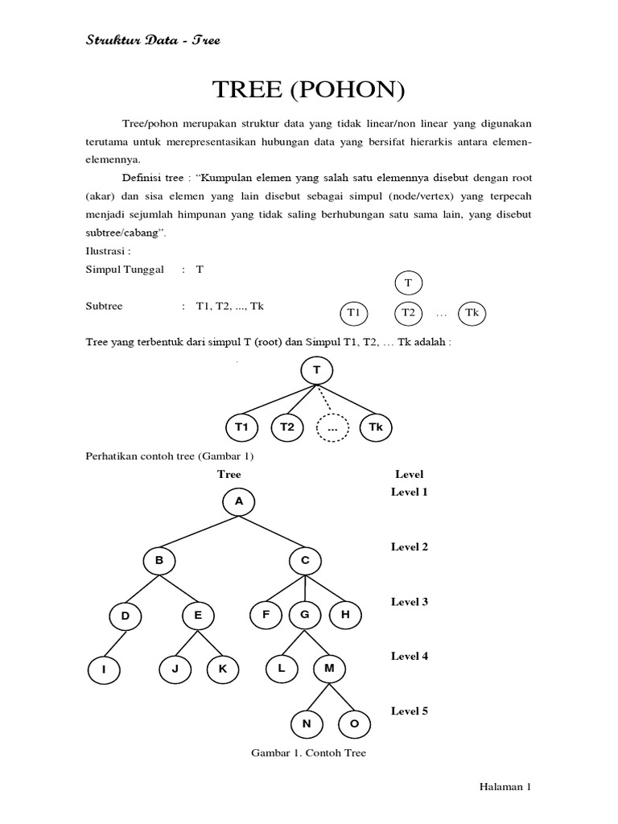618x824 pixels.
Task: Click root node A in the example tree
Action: tap(238, 501)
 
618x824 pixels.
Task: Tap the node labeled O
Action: tap(354, 723)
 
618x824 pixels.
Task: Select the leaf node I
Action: tap(104, 669)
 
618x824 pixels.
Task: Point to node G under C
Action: tap(305, 615)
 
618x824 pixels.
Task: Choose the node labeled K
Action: tap(222, 669)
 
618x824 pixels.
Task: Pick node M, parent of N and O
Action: tap(328, 669)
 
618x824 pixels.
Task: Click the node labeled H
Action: tap(345, 615)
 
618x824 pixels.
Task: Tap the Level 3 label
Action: tap(410, 601)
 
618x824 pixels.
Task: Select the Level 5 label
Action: tap(410, 711)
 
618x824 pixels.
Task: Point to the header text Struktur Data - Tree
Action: tap(153, 39)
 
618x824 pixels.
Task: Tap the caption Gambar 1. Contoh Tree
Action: tap(309, 753)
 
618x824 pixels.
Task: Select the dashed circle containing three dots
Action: tap(332, 429)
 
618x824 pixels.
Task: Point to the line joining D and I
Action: tap(115, 644)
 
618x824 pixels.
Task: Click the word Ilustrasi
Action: tap(107, 249)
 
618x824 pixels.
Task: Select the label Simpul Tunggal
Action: tap(125, 270)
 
